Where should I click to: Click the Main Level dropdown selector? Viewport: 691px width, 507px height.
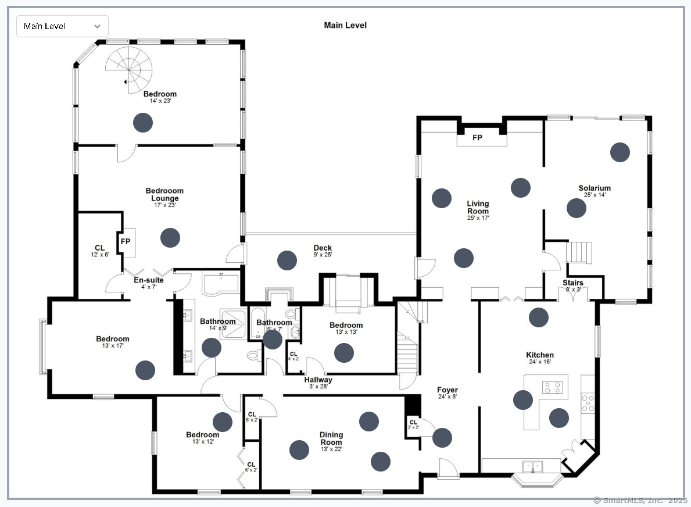[62, 26]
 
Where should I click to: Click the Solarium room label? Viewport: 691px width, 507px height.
[594, 188]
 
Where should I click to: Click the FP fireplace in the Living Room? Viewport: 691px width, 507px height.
[477, 138]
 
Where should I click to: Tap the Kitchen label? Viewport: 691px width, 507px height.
[540, 355]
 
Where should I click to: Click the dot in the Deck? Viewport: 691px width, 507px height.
[287, 260]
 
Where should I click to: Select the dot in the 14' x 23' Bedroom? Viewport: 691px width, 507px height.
[143, 122]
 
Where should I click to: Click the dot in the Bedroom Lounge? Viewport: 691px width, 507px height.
[170, 237]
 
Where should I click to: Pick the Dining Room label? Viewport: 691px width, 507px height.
[331, 438]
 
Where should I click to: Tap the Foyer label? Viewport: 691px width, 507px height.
[447, 390]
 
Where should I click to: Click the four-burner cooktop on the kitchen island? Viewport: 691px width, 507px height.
[554, 387]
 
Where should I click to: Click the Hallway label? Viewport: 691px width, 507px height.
[318, 380]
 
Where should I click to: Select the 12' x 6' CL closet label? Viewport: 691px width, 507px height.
[99, 248]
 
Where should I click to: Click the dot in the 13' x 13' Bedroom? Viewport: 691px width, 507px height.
[344, 352]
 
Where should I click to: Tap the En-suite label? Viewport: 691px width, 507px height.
[148, 280]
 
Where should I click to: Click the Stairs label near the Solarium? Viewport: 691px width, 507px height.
[572, 283]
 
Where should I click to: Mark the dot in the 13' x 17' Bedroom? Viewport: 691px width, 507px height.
[145, 370]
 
